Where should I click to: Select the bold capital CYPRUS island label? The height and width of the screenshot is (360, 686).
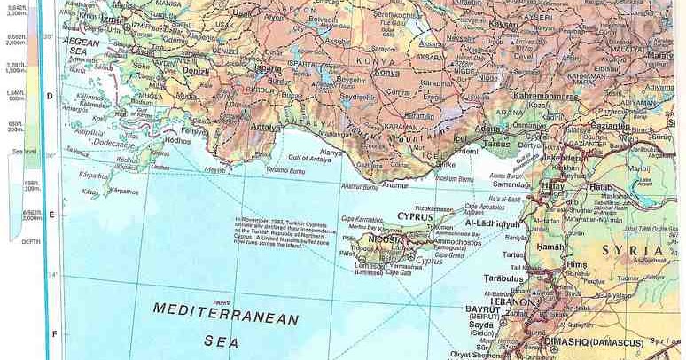tap(414, 216)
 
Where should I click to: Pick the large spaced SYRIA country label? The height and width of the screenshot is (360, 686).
tap(635, 250)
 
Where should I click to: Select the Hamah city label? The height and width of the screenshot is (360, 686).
tap(550, 246)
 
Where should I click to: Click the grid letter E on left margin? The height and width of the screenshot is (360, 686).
tap(51, 215)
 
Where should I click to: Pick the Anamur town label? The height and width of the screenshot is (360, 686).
tap(396, 184)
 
